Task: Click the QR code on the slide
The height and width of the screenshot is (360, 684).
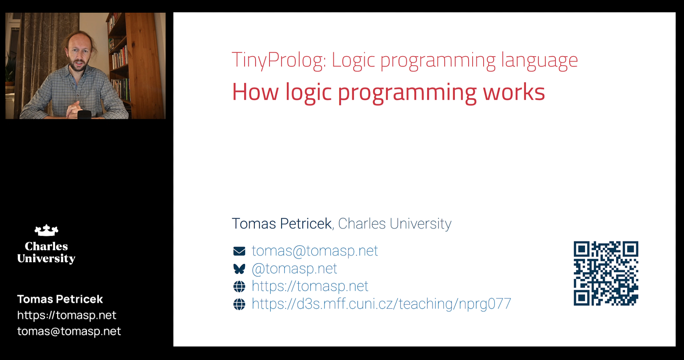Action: pos(606,273)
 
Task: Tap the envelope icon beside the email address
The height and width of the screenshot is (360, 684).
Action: pos(239,251)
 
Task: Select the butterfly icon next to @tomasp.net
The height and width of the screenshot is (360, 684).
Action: pos(239,269)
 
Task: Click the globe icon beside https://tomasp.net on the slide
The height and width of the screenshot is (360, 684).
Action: pos(239,287)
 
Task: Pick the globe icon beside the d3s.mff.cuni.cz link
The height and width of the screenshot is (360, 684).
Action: pos(239,304)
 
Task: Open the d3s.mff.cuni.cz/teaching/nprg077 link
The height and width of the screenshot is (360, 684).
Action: pos(381,304)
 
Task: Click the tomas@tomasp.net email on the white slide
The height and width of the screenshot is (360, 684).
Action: pos(315,251)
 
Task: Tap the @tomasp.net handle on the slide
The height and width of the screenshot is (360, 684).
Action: pos(294,269)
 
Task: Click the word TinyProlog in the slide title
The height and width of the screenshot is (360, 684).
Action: pos(279,60)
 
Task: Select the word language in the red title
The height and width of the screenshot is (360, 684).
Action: pos(539,61)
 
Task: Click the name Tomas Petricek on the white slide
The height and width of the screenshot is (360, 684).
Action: pos(281,224)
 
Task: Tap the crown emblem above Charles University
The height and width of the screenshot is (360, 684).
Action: pos(47,230)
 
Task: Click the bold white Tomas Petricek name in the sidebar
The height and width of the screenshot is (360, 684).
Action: pos(60,299)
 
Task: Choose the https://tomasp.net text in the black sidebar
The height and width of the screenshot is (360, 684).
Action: pos(67,315)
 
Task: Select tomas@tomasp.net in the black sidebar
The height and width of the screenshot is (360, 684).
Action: pos(69,331)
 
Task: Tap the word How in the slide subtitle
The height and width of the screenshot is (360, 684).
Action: pos(255,92)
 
